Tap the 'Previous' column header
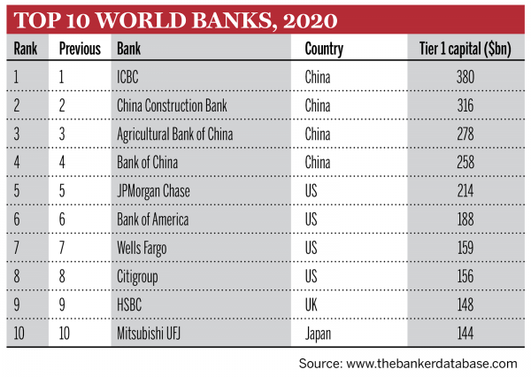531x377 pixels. point(80,49)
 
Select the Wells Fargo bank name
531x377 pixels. point(143,248)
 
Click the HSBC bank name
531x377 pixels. point(131,305)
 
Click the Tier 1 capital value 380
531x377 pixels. point(466,77)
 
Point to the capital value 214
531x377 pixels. point(466,191)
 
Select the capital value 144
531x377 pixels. point(466,334)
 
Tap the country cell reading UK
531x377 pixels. point(312,305)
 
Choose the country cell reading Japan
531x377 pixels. point(319,334)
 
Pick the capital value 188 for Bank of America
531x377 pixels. point(466,219)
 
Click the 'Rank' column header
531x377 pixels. point(26,49)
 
